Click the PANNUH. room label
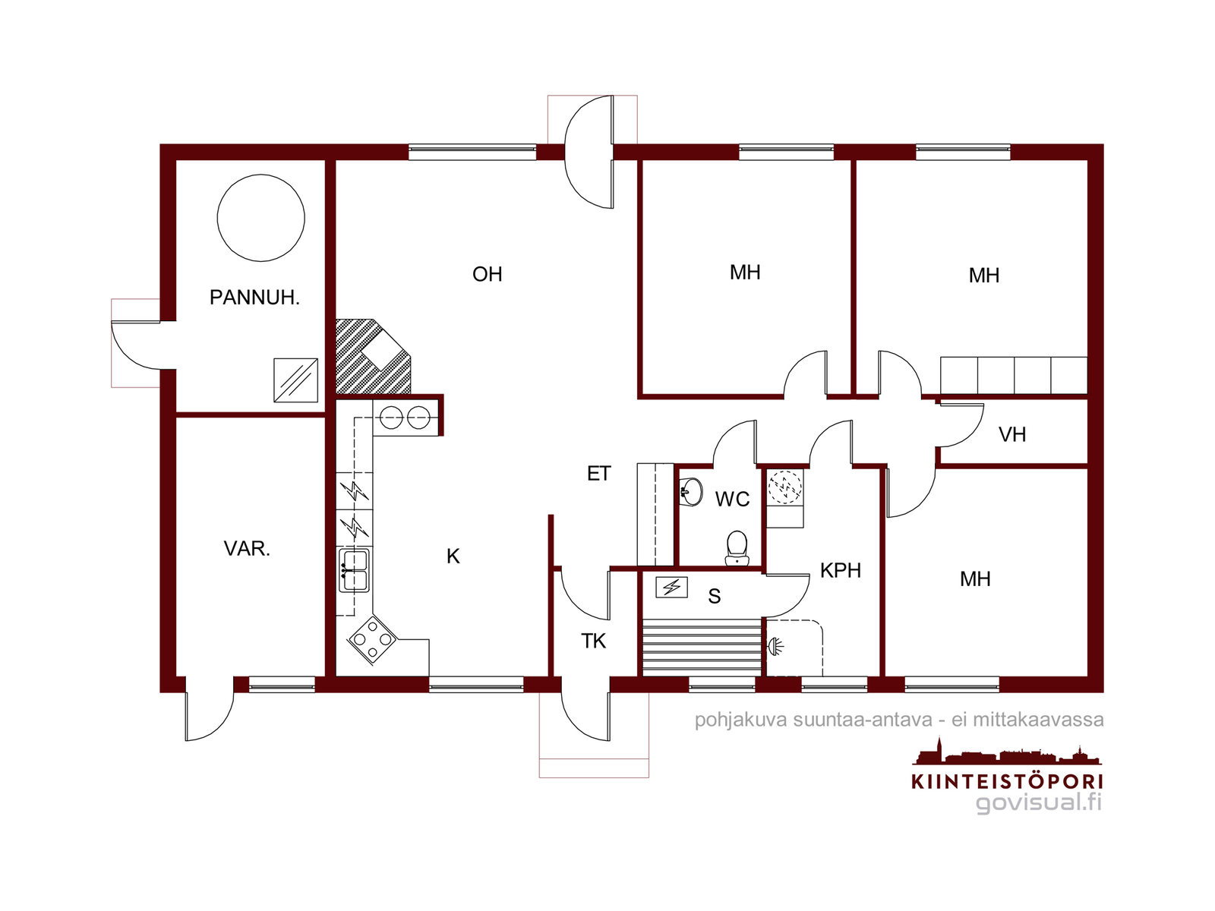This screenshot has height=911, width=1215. [x=254, y=298]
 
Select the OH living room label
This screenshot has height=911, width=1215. [x=487, y=274]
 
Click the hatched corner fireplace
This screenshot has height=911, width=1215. [x=373, y=356]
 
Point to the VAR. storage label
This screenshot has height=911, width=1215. [x=247, y=549]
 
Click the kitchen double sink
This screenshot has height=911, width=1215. [x=355, y=570]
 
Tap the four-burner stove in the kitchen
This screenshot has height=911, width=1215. [x=372, y=640]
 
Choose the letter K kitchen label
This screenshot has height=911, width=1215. [x=453, y=556]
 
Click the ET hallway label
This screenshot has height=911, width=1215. [x=599, y=474]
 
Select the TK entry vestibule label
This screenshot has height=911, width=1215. [x=593, y=641]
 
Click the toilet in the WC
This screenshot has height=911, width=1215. [x=737, y=548]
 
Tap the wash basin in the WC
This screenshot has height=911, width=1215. [x=691, y=491]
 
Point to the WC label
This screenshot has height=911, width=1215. [x=732, y=499]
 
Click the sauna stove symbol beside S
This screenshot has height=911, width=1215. [x=671, y=587]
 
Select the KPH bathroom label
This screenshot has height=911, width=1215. [x=841, y=570]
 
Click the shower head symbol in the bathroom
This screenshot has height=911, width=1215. [x=774, y=645]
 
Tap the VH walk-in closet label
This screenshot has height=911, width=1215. [x=1011, y=434]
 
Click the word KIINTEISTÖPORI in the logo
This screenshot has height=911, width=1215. [x=1007, y=781]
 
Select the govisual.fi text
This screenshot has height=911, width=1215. [x=1038, y=802]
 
